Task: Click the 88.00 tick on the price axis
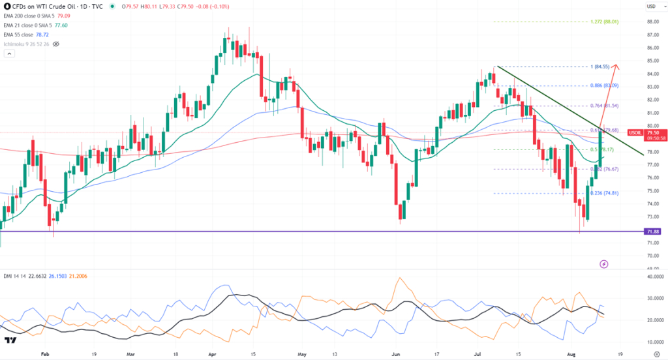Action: [x=651, y=22]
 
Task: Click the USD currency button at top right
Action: [x=650, y=7]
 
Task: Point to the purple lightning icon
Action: [x=603, y=263]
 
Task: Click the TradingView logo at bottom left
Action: [x=10, y=340]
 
